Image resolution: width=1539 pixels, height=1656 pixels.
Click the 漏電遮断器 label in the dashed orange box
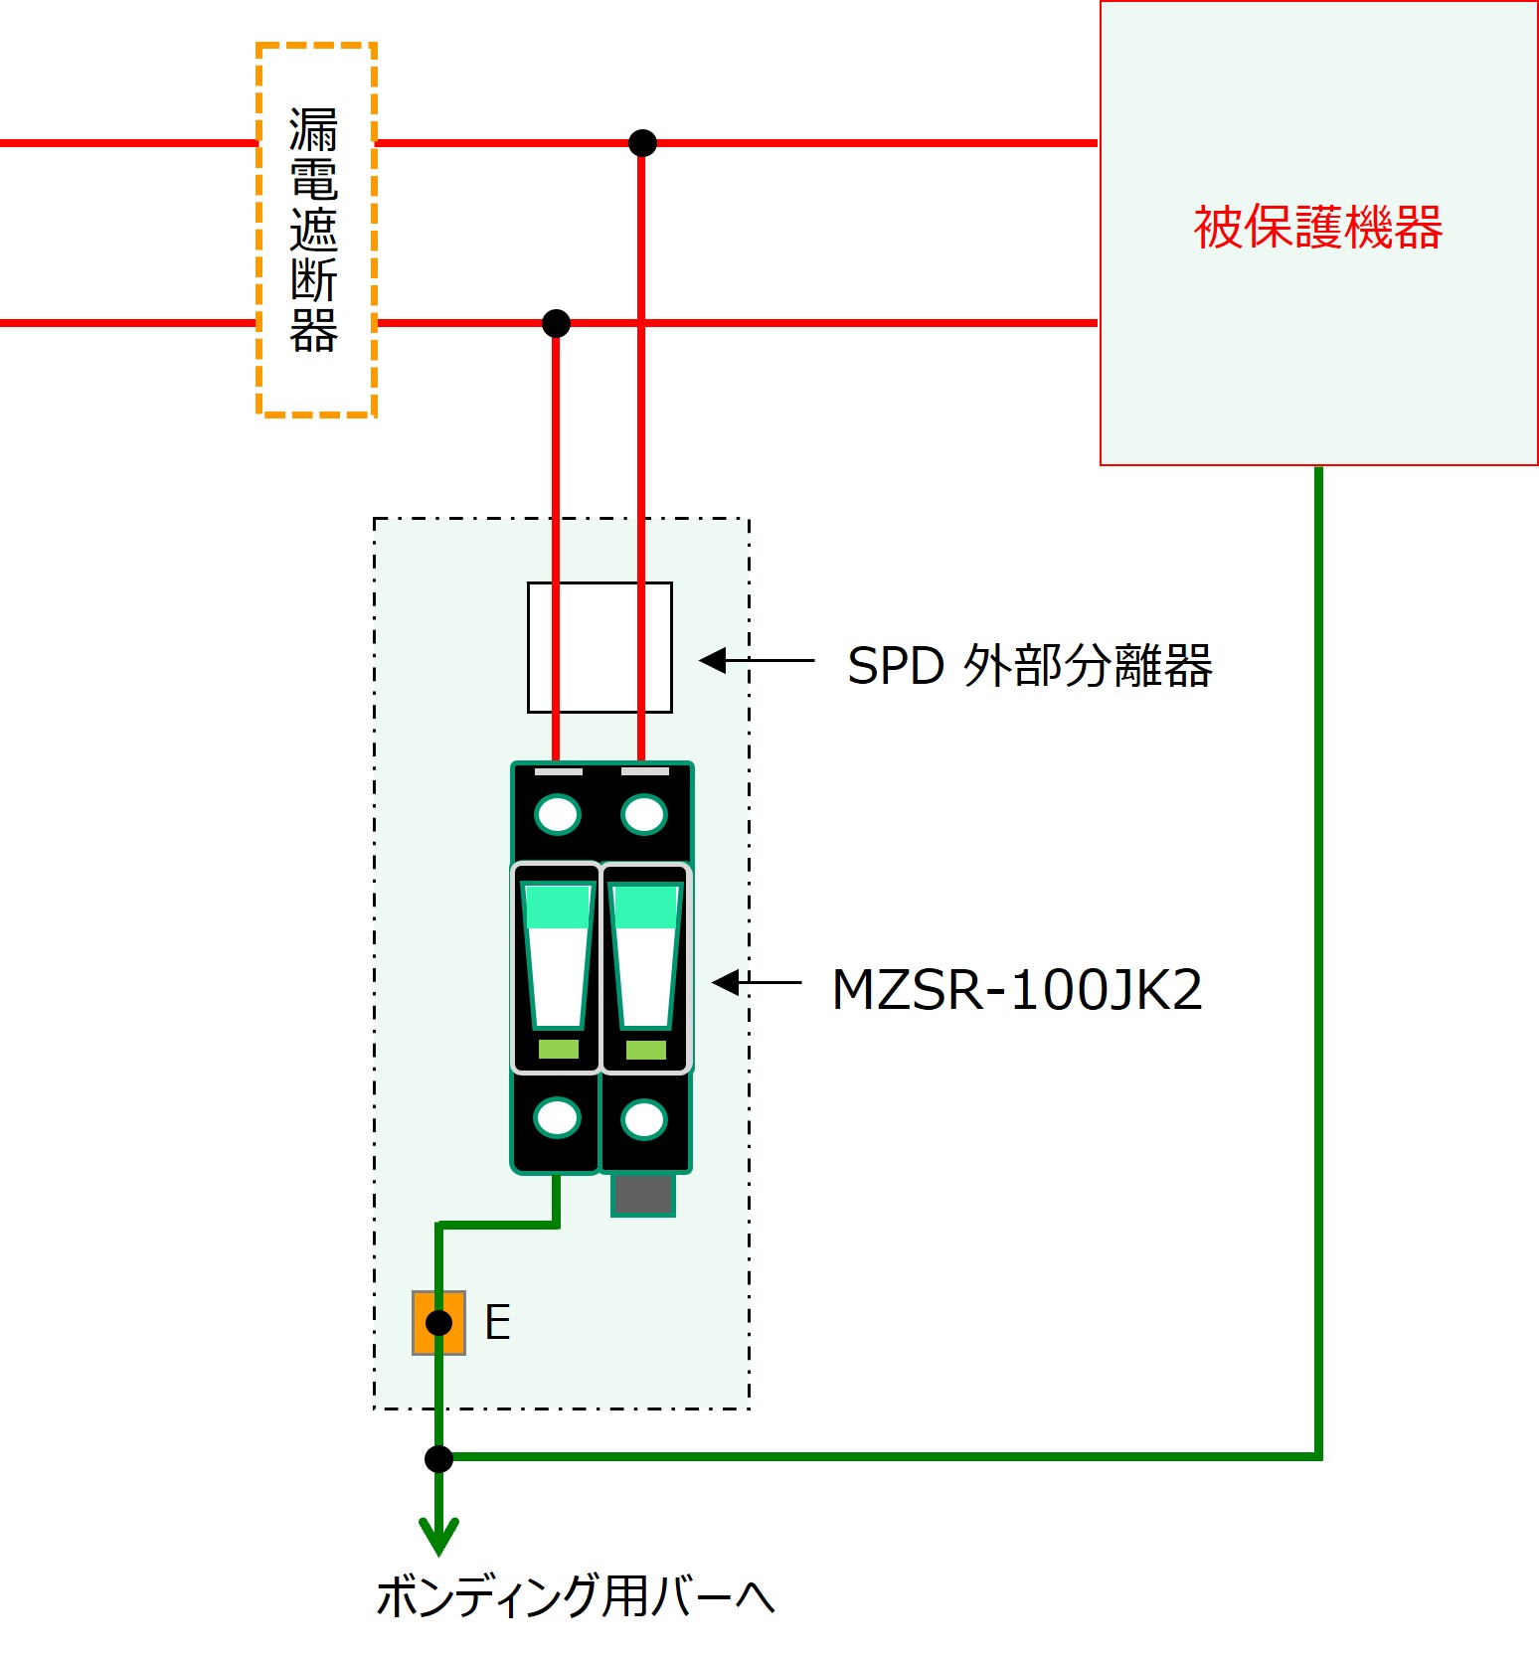(314, 231)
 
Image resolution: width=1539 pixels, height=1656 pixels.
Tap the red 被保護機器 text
(1317, 228)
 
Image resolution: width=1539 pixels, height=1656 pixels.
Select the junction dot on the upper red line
(642, 143)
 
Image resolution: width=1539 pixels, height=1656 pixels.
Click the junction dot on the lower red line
(556, 323)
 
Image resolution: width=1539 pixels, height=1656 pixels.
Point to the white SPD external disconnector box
(599, 647)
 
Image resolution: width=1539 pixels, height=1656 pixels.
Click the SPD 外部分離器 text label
(1029, 665)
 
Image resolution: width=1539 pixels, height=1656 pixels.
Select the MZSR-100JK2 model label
(1016, 990)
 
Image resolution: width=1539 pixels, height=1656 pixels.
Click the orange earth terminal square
(438, 1323)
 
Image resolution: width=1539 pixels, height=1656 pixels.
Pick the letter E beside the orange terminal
(497, 1323)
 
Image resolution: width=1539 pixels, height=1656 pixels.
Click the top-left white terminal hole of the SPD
(557, 815)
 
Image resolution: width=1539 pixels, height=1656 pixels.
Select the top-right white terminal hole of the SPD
(644, 815)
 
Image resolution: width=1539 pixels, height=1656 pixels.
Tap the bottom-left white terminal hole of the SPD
(557, 1118)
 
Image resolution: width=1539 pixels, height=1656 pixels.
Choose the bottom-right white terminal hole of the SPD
(644, 1120)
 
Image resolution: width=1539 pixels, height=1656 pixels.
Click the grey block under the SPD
(643, 1195)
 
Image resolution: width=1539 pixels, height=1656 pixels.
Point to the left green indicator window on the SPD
(558, 1049)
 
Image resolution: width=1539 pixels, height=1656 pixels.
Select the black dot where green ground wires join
(438, 1458)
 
